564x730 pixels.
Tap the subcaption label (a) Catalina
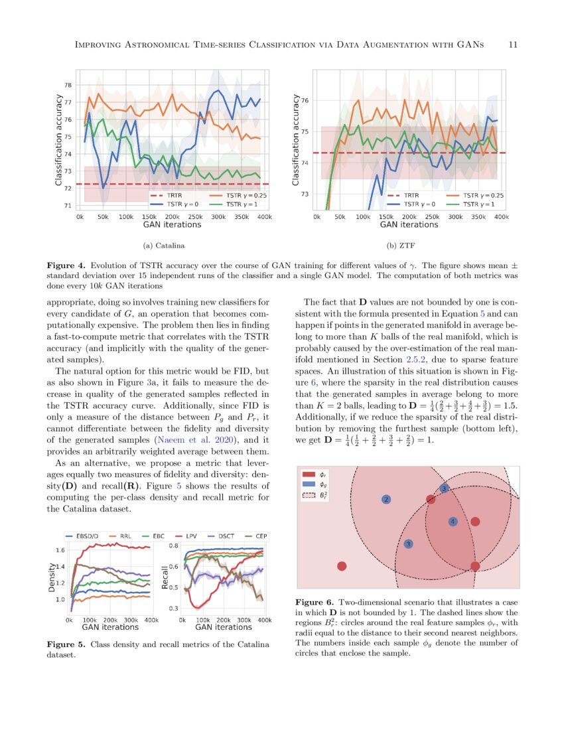tap(163, 246)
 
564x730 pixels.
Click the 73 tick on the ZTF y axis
tap(306, 194)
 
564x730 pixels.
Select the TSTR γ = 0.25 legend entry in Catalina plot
tap(235, 196)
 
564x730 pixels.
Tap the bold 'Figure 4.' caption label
tap(66, 264)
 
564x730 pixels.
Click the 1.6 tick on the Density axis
tap(60, 550)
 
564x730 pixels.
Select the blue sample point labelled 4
tap(453, 522)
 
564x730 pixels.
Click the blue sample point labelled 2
tap(386, 499)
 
